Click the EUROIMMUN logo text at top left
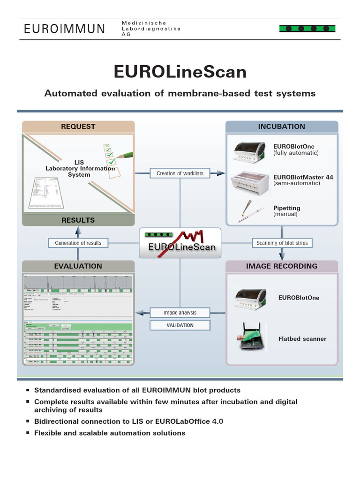coord(65,29)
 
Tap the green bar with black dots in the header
coord(307,29)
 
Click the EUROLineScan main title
coord(180,72)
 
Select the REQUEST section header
coord(78,127)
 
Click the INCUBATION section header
coord(281,127)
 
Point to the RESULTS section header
coord(78,220)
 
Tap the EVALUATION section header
coord(78,266)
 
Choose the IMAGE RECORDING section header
coord(281,266)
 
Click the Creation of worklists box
coord(180,173)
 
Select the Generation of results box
coord(78,243)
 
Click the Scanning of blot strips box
coord(282,243)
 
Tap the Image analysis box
coord(180,313)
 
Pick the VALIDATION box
coord(180,325)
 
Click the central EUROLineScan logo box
coord(180,242)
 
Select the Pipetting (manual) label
coord(287,211)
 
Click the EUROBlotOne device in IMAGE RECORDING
coord(252,299)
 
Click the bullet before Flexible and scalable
coord(28,433)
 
